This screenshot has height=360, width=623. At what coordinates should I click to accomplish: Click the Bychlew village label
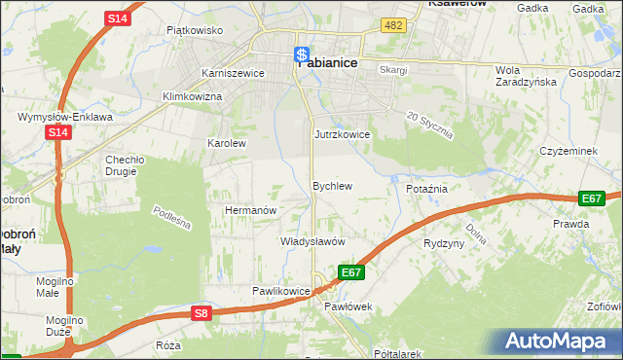[x=331, y=185]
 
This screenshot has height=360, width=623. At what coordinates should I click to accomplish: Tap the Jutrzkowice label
[x=342, y=134]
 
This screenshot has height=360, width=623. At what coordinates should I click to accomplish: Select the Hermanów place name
[x=252, y=210]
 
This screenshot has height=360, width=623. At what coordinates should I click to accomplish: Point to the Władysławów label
[x=312, y=240]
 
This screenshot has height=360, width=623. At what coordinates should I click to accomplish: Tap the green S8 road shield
[x=201, y=313]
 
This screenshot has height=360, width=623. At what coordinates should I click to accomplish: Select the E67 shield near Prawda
[x=592, y=198]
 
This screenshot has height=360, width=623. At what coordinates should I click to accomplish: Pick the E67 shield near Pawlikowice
[x=351, y=273]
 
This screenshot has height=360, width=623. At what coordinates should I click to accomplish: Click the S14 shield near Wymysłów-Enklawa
[x=57, y=132]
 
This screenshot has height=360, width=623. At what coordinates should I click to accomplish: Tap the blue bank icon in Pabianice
[x=303, y=55]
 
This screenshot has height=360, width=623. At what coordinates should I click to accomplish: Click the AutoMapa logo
[x=559, y=342]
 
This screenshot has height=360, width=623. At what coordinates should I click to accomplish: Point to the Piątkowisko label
[x=195, y=30]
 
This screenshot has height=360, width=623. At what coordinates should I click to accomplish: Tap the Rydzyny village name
[x=444, y=243]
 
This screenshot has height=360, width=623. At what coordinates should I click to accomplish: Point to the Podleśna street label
[x=173, y=218]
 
